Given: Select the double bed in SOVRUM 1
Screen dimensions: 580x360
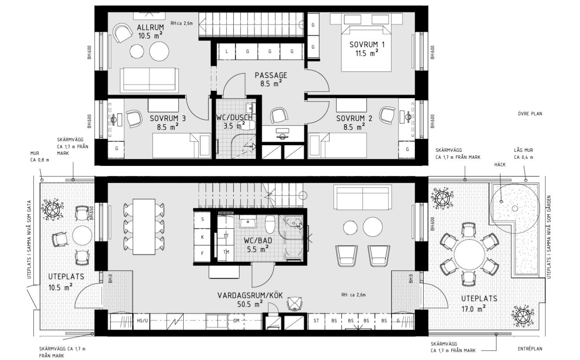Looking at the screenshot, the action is [366, 48].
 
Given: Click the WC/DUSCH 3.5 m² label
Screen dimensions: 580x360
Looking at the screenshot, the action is [234, 121].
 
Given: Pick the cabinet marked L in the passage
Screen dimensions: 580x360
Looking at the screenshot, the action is [227, 51].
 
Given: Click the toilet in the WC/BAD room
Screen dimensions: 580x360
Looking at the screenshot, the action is [270, 224].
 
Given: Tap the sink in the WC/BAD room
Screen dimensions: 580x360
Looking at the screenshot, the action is [248, 221].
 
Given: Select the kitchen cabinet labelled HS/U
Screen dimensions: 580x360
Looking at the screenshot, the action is [142, 321].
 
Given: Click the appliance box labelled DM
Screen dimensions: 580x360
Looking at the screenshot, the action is [236, 321].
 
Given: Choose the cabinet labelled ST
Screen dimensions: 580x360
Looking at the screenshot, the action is [316, 321].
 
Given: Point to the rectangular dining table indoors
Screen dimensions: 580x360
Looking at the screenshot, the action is [144, 227].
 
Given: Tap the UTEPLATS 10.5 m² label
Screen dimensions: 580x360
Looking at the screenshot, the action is [66, 282].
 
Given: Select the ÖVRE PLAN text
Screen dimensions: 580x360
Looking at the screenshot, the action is [530, 114].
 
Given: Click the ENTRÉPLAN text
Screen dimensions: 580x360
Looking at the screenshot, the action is [530, 349].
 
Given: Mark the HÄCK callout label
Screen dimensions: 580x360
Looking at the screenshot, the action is [500, 165].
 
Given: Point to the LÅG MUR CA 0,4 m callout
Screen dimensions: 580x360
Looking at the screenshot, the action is [524, 154].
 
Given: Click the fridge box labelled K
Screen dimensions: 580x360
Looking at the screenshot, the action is [202, 237].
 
